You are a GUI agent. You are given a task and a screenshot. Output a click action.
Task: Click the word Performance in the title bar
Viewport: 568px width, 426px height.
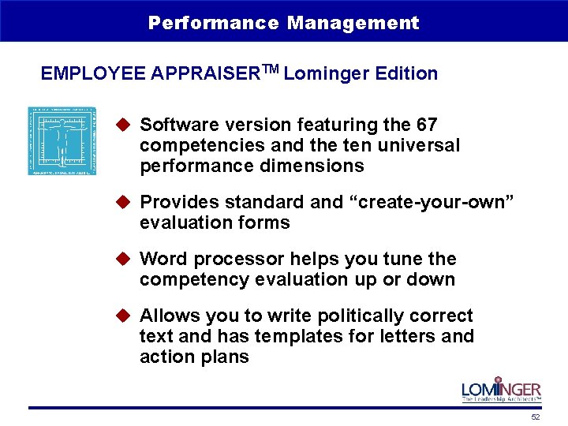[213, 23]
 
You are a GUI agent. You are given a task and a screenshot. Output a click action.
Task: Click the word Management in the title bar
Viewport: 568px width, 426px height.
[353, 23]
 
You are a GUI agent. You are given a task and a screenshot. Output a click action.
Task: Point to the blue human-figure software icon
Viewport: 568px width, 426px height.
[62, 140]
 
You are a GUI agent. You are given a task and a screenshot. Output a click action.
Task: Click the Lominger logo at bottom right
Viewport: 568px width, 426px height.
[501, 390]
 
